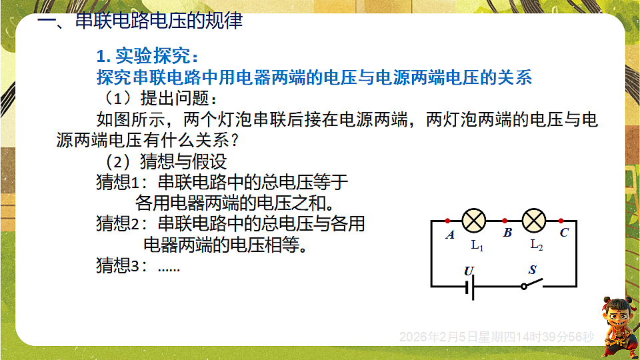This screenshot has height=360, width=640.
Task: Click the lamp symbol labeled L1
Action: [x=475, y=219]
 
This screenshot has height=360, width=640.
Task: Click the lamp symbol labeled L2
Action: [x=535, y=219]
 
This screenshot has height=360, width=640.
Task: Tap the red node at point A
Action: [x=447, y=220]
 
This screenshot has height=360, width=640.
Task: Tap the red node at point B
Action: [x=505, y=220]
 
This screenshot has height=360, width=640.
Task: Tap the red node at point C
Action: [x=561, y=220]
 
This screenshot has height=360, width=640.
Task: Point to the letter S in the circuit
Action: [x=532, y=270]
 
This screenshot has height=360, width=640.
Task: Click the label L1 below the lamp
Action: [x=477, y=245]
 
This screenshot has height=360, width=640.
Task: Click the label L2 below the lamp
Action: [x=536, y=245]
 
